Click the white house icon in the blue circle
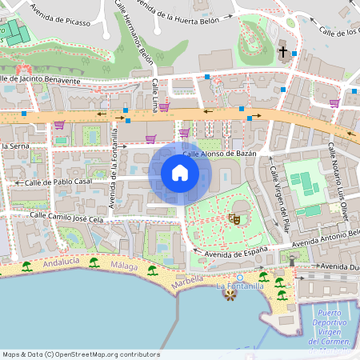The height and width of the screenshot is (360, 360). tap(179, 173)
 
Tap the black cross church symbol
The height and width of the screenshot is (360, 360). tap(282, 53)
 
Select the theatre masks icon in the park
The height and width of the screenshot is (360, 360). tap(234, 217)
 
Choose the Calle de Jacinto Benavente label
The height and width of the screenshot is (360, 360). tap(42, 80)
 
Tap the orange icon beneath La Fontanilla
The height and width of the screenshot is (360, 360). tap(231, 296)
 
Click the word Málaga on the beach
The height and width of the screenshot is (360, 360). tap(124, 266)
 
